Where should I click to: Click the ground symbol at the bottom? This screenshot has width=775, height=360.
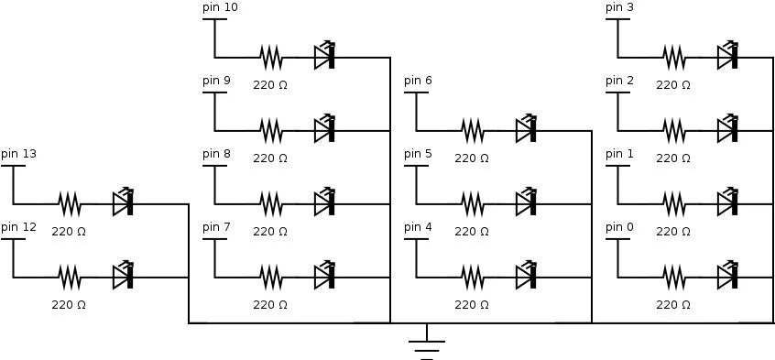pos(427,346)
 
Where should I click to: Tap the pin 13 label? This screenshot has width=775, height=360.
pos(19,154)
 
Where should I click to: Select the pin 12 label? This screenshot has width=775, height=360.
pos(19,226)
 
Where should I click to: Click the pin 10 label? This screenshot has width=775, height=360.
pos(220,7)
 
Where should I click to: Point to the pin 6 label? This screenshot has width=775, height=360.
pos(419,81)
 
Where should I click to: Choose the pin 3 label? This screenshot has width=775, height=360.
pos(620,7)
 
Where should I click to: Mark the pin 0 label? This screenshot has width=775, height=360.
pos(620,226)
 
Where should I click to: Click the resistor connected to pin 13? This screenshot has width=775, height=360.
pos(70,202)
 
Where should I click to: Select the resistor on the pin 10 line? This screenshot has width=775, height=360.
pos(271,57)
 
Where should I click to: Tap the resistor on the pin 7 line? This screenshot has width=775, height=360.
pos(271,275)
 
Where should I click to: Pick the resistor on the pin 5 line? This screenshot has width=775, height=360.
pos(473,202)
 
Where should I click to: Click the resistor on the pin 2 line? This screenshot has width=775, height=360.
pos(674,130)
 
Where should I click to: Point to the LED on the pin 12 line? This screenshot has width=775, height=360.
pos(124,275)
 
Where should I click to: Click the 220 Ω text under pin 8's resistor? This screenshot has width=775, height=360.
pos(270,232)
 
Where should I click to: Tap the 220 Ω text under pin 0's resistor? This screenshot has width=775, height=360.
pos(673,304)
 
